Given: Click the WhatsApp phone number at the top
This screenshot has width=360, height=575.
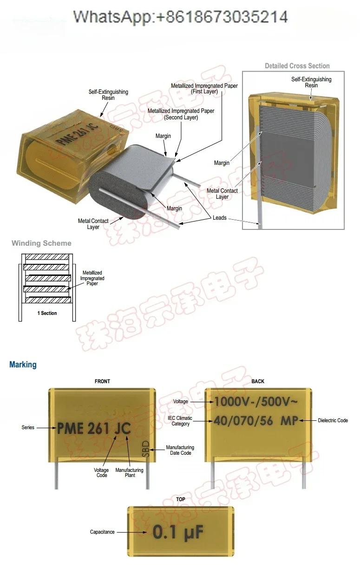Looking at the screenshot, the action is pos(181,17).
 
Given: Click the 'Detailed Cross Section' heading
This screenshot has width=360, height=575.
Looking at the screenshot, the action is pos(297,66).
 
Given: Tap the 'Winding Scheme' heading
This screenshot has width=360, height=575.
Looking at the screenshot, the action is pos(41,243).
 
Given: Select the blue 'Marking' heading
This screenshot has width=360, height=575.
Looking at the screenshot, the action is pos(23,365).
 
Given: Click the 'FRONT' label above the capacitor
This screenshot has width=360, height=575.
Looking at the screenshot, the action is pos(102,381).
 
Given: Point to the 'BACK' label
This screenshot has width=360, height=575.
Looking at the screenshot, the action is pos(258,381).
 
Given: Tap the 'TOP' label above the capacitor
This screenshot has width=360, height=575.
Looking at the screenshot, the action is pos(181,499).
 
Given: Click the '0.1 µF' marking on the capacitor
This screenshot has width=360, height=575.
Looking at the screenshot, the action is pos(178,532).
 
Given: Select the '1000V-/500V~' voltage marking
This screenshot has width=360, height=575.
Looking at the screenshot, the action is pos(256,401).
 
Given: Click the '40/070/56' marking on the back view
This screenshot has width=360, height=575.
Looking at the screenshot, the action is pos(243,421).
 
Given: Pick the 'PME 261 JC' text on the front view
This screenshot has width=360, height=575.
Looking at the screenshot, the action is pos(94,428).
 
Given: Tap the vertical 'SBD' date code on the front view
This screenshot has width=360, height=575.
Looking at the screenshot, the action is pos(145,449).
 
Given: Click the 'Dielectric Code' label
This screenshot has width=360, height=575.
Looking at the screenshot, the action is pos(333,420).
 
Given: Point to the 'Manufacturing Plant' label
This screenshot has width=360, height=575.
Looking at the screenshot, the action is pos(129,472).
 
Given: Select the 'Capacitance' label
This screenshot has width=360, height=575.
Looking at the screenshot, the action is pos(102,532).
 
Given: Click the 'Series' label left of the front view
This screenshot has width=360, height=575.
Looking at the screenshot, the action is pos(28,427).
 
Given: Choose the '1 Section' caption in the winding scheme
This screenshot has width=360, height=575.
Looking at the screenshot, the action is pos(47,313).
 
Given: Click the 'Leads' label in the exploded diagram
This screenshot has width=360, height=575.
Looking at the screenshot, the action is pos(220,218).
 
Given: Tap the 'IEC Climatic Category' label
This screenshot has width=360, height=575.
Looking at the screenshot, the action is pos(180,421).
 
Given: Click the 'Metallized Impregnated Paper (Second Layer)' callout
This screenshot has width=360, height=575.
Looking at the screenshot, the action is pos(181,114).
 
